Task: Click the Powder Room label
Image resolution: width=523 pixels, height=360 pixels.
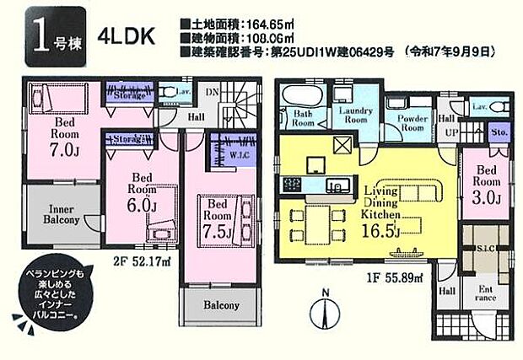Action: (411, 123)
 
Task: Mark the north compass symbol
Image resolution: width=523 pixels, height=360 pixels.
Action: (326, 316)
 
